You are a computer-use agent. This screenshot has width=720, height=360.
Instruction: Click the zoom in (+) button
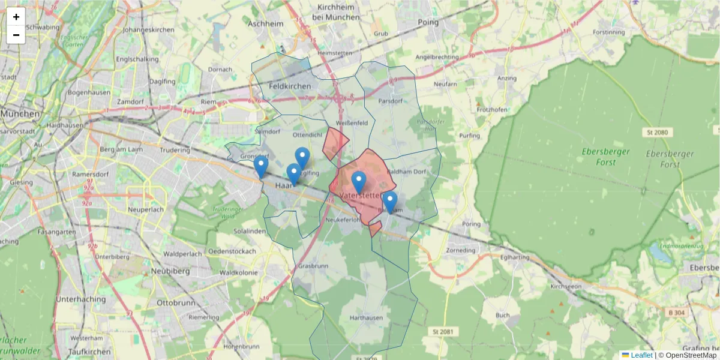coord(16,17)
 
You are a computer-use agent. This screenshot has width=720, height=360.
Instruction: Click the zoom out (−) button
coord(16,35)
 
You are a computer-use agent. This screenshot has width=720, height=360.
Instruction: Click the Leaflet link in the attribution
coord(641,355)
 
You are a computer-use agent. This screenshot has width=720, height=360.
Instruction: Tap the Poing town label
coord(428,22)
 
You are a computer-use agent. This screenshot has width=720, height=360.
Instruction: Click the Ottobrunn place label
coord(173,303)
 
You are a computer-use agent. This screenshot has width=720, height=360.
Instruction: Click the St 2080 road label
coord(658,132)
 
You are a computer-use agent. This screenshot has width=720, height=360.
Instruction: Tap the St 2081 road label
coord(443,331)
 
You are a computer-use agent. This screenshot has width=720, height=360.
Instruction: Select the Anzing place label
coord(506,79)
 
